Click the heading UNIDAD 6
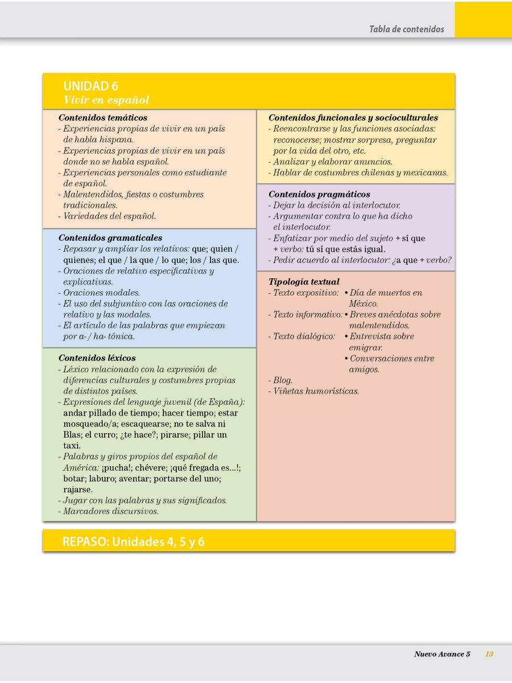91,87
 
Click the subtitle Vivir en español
106,100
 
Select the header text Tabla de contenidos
406,29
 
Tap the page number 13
489,654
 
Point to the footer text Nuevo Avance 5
442,654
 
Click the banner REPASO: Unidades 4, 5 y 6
134,542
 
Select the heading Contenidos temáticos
102,118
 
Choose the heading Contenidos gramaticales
110,238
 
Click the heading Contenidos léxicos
97,358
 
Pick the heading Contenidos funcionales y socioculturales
353,118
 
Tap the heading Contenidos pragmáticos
319,194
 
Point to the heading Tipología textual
304,282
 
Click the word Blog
282,380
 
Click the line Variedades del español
109,216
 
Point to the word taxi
72,446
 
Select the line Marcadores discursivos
110,511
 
